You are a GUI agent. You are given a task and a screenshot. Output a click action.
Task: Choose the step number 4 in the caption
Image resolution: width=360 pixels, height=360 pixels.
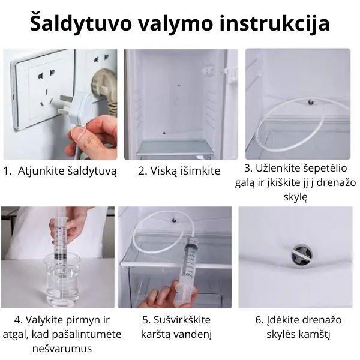pyautogui.click(x=18, y=319)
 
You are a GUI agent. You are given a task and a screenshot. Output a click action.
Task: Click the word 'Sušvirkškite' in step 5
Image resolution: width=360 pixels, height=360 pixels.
pyautogui.click(x=183, y=319)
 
